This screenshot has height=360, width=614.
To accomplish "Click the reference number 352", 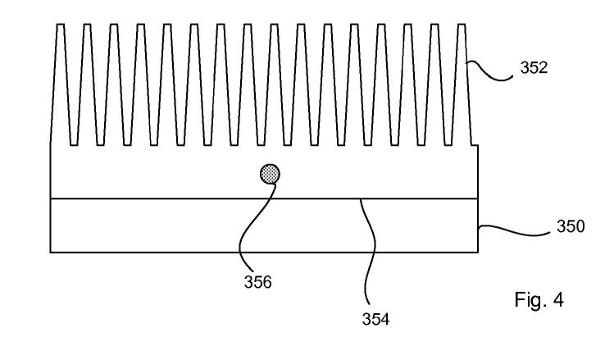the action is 534,68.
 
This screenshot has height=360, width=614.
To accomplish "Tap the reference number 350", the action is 571,226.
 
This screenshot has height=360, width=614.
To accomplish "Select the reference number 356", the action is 257,282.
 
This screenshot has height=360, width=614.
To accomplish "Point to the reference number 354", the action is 375,319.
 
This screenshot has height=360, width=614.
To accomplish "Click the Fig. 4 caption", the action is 539,299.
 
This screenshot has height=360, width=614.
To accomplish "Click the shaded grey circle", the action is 270,174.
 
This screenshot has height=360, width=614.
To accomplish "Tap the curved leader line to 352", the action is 489,71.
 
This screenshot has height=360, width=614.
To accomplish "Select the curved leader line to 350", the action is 514,231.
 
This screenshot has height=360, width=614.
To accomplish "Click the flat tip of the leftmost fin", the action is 61,25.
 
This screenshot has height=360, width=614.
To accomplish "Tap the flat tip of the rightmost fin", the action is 462,25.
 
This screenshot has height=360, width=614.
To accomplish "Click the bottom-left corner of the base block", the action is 51,253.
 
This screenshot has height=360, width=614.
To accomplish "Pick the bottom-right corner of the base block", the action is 478,253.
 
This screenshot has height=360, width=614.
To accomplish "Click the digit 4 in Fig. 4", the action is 559,299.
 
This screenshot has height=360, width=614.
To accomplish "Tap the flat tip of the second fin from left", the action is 87,25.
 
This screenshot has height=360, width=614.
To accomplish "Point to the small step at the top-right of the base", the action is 475,145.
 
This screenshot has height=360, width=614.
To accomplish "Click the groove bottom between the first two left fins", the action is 74,145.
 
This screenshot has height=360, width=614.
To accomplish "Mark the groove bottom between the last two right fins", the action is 448,145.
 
